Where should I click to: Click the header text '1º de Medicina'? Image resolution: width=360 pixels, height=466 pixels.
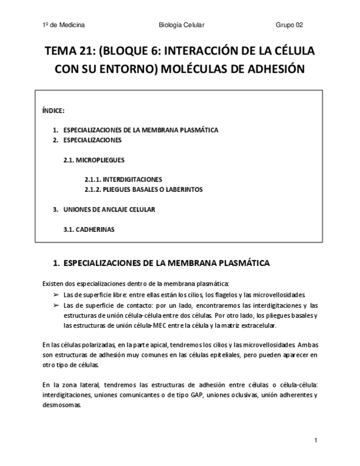pyautogui.click(x=63, y=25)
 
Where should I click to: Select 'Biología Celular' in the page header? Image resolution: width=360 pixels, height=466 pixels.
pyautogui.click(x=181, y=25)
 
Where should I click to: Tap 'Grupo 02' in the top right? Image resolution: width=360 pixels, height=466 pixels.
pyautogui.click(x=289, y=25)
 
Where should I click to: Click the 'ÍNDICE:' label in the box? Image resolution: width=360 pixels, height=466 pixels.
pyautogui.click(x=53, y=110)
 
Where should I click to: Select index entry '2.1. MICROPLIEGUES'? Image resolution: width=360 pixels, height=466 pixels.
pyautogui.click(x=93, y=160)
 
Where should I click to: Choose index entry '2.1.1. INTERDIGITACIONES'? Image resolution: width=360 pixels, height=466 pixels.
pyautogui.click(x=123, y=180)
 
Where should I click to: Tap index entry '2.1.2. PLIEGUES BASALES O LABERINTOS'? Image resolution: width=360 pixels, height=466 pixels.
pyautogui.click(x=143, y=190)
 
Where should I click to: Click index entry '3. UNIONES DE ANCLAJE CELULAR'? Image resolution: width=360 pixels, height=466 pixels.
pyautogui.click(x=104, y=209)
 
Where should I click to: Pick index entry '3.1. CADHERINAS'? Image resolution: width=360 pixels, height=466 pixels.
pyautogui.click(x=89, y=229)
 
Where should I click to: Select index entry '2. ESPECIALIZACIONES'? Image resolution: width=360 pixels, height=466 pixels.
pyautogui.click(x=87, y=140)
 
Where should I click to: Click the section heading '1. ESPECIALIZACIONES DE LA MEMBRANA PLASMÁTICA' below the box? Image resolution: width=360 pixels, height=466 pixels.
pyautogui.click(x=161, y=263)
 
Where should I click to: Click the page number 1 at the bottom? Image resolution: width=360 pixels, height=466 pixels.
pyautogui.click(x=316, y=440)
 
